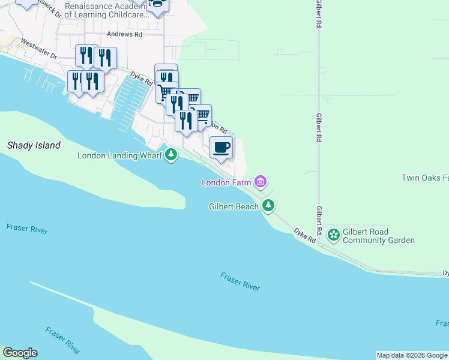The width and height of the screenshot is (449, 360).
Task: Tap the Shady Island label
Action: coord(34,145)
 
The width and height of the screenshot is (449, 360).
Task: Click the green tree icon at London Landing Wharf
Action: coord(172,155)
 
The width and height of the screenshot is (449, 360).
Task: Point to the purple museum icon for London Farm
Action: coord(260,181)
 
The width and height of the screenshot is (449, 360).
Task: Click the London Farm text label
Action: coord(226,182)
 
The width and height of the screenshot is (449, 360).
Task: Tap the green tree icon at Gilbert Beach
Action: coord(270,206)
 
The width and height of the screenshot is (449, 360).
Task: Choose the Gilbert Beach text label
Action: coord(234,206)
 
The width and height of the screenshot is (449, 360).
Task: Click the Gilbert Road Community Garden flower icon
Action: coord(333,236)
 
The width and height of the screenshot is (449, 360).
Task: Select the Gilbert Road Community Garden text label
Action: coord(378,236)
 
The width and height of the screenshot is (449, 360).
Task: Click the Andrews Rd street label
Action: coord(124,35)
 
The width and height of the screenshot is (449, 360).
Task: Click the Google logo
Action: coord(20,353)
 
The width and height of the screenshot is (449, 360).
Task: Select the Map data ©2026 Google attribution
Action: coord(411,355)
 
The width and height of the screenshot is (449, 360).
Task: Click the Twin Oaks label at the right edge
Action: coord(425,178)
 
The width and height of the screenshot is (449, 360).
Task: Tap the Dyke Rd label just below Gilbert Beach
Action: coord(304,235)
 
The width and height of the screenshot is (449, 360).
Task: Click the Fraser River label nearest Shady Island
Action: coord(26,229)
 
